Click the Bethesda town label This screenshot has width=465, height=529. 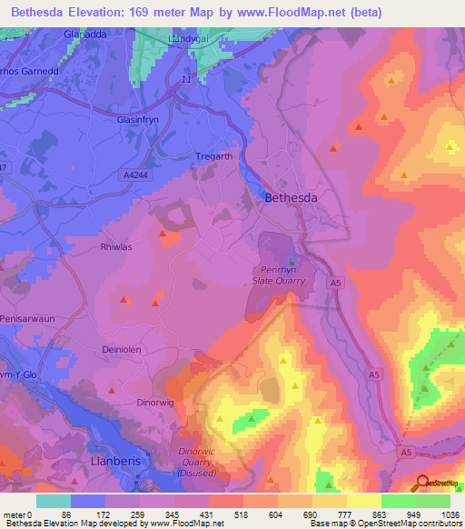point(292,197)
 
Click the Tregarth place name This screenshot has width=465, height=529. point(214,156)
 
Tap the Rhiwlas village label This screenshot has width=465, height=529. point(116,246)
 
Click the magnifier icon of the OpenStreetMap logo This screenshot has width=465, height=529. point(421,483)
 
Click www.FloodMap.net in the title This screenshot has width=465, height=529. point(302,12)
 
